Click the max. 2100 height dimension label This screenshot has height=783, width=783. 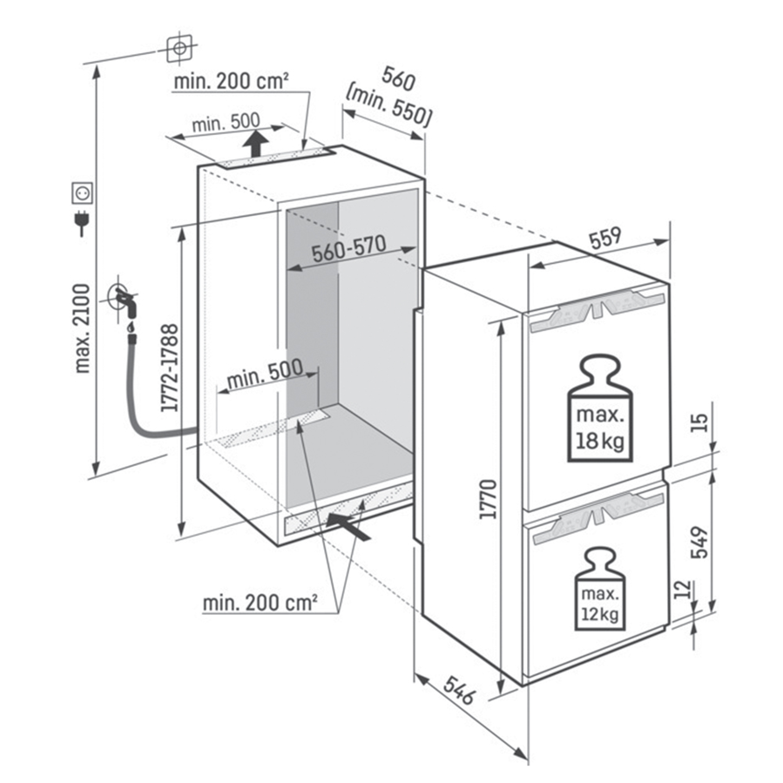[83, 327]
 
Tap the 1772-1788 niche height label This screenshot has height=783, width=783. [169, 367]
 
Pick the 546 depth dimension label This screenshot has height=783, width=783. [458, 691]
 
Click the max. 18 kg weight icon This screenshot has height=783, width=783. [600, 408]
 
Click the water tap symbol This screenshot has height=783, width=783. [124, 301]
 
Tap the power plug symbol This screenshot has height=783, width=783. [82, 222]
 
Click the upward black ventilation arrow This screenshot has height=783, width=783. [254, 143]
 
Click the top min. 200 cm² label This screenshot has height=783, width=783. [231, 83]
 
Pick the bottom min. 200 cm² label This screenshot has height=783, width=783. [260, 602]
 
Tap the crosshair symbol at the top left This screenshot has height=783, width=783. [179, 48]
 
